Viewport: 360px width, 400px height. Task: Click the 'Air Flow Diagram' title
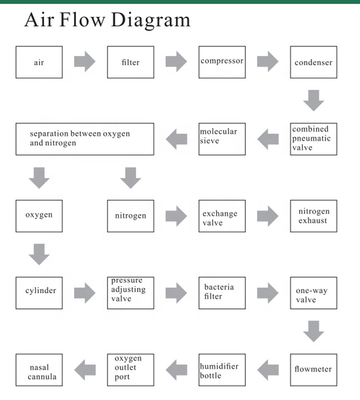108,20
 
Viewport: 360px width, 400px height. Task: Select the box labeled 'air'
39,62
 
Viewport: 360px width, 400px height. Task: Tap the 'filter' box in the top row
131,62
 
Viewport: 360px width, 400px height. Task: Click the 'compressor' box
222,62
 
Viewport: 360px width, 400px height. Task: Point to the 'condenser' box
313,62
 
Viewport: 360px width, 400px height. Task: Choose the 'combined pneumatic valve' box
313,139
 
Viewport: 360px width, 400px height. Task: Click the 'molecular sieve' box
222,139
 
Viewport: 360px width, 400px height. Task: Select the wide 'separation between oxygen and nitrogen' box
85,139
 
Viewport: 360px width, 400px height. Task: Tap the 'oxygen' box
39,216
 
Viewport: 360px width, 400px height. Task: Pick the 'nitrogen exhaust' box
313,216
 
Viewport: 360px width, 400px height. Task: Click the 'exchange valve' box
222,216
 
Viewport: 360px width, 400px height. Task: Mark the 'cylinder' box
39,292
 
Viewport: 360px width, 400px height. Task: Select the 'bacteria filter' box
222,292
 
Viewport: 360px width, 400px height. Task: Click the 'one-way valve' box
313,292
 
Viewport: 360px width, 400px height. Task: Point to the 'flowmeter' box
313,369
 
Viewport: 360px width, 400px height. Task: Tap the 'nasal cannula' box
39,369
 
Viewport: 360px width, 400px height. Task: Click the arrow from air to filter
84,62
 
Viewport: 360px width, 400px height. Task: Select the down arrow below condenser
313,100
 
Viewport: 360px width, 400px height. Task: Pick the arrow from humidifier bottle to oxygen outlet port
176,369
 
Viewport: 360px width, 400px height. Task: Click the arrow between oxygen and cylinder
39,254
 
